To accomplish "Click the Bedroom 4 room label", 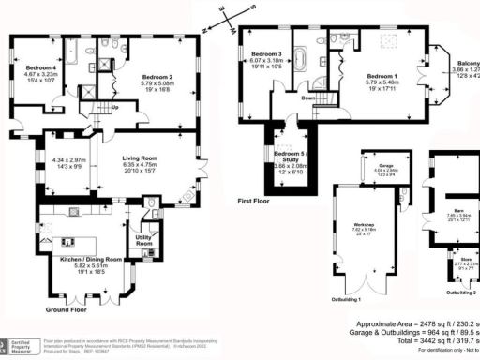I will click(42, 68).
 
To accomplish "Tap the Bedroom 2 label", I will click(157, 76).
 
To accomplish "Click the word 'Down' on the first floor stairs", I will click(307, 96).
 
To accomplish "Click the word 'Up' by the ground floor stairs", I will click(114, 106).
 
